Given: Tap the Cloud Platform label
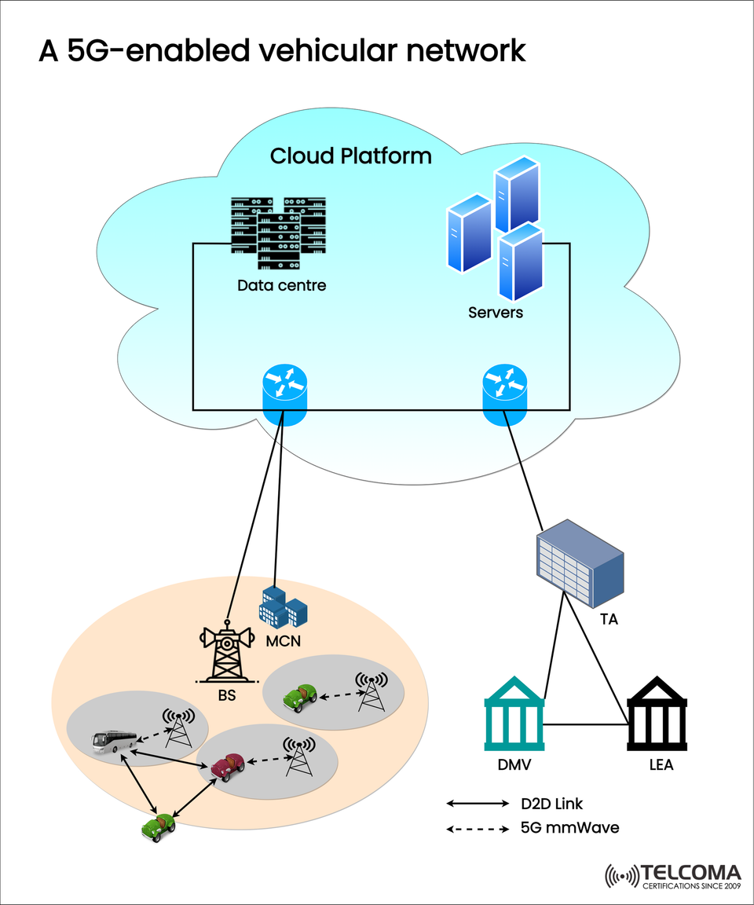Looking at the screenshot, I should tap(350, 156).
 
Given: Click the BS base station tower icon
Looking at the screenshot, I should tap(226, 653).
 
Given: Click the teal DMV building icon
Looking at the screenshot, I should tap(514, 718).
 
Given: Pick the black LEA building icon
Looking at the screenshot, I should tap(657, 718).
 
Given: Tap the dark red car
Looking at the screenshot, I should tap(227, 765).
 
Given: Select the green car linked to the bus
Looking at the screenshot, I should tap(159, 826).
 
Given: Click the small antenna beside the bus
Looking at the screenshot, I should tap(179, 727).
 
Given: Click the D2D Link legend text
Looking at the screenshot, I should tap(551, 804).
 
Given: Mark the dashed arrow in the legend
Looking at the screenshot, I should tap(478, 829).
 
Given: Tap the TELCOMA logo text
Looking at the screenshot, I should tap(690, 873).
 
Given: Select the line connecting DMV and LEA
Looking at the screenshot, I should tap(585, 724).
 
